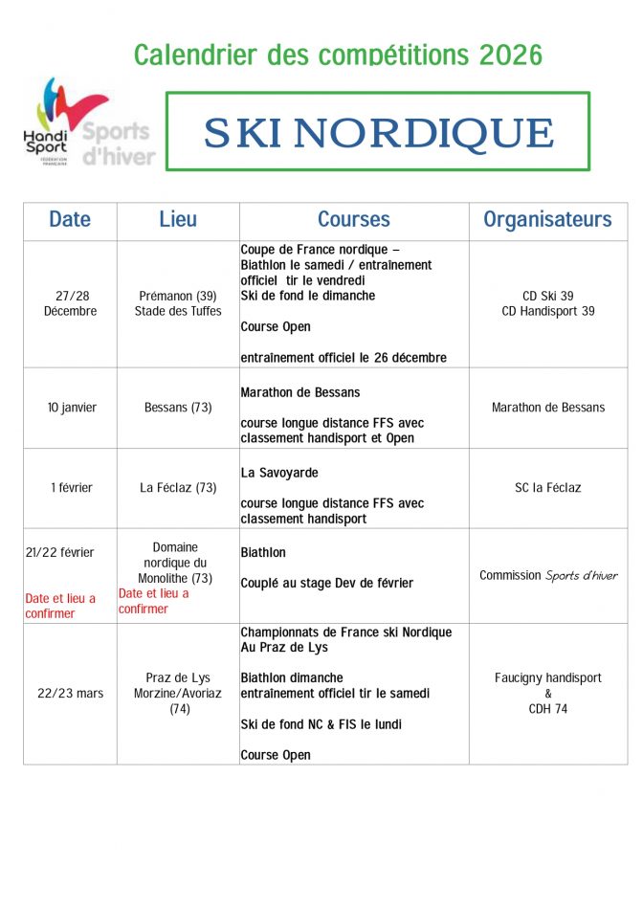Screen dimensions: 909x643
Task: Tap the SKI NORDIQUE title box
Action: coord(378,132)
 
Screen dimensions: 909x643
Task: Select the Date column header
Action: coord(70,219)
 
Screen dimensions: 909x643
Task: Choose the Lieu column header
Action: coord(178,219)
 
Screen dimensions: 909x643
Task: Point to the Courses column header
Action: coord(354,219)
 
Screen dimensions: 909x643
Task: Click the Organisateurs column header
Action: coord(547,219)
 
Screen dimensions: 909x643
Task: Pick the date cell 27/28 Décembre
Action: coord(70,303)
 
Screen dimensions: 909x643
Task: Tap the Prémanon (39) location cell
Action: coord(178,303)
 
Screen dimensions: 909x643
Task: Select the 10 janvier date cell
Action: coord(70,408)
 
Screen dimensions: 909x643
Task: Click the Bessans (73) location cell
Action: coord(178,408)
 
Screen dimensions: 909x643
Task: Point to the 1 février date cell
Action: coord(70,488)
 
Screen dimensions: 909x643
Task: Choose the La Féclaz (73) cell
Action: coord(178,488)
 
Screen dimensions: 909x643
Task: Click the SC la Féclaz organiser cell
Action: coord(547,488)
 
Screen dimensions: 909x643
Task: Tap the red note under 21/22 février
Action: coord(60,606)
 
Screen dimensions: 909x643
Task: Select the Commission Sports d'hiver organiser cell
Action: coord(547,576)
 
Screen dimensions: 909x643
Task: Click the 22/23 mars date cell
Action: coord(70,693)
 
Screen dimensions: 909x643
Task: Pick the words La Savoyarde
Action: coord(279,473)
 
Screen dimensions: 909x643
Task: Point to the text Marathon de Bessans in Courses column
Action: coord(300,392)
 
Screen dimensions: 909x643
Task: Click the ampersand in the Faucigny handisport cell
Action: coord(548,694)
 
